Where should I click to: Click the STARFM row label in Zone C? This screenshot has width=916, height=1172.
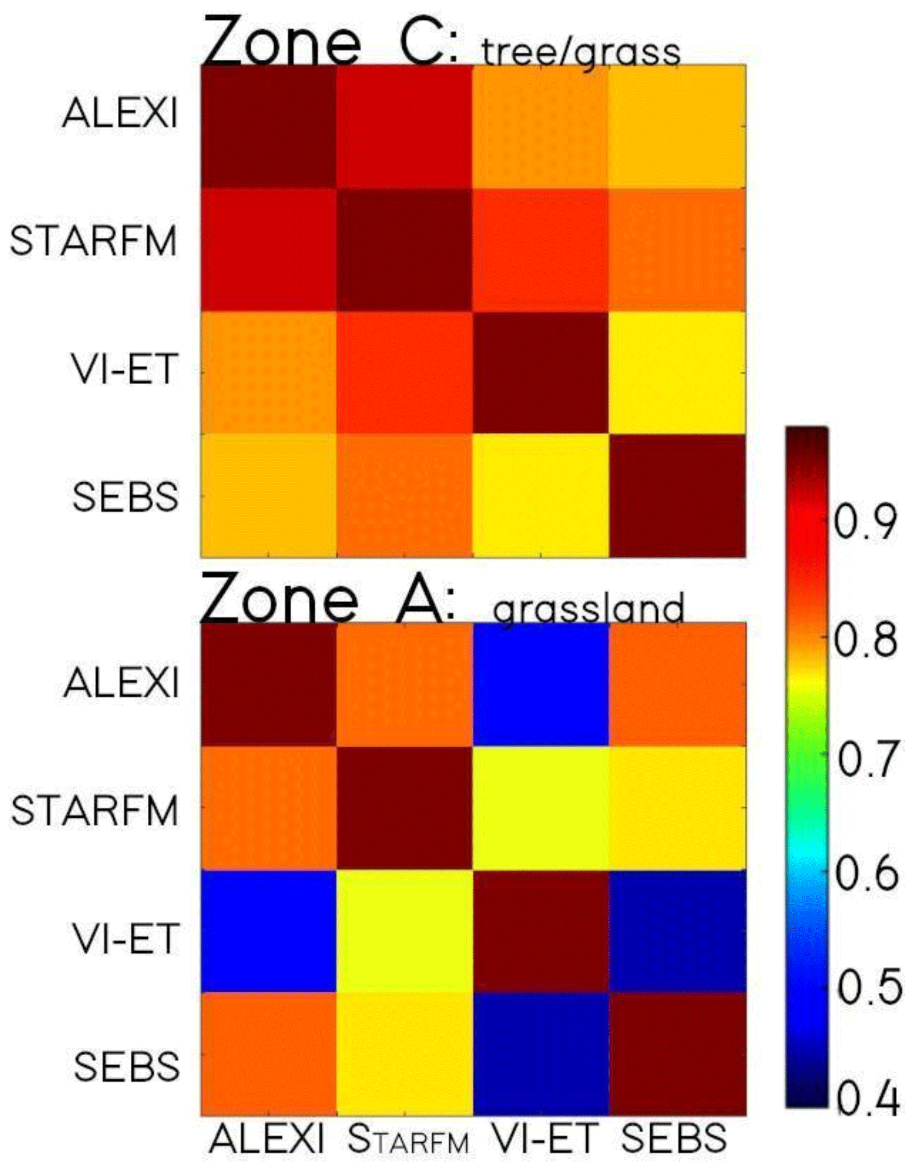tap(93, 241)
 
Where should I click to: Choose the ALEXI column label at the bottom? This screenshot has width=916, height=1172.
tap(267, 1138)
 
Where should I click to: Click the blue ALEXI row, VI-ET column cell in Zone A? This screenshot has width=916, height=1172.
tap(541, 684)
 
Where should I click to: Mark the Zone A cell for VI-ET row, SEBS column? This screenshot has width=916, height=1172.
tap(677, 931)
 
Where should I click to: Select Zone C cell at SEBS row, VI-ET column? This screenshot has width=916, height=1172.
tap(541, 495)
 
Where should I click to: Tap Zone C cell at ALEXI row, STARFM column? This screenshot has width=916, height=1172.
tap(404, 126)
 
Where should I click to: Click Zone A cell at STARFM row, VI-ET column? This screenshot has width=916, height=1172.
tap(541, 808)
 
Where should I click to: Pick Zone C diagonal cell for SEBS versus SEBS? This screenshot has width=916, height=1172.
tap(677, 495)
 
